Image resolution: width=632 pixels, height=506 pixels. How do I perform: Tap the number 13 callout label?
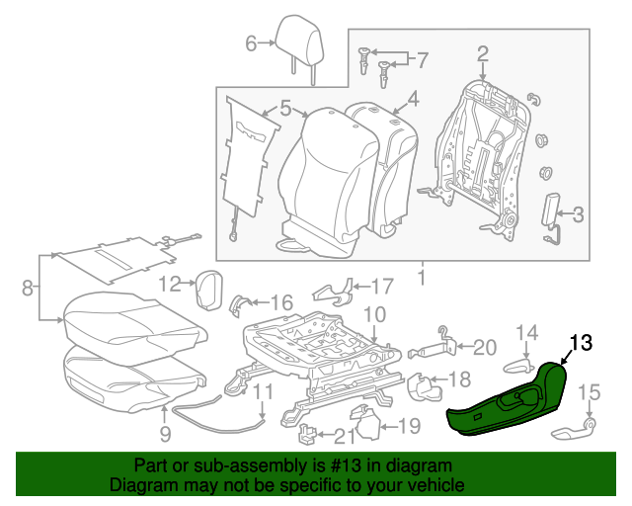pyautogui.click(x=582, y=344)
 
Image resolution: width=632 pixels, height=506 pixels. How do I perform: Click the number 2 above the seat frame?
pyautogui.click(x=483, y=53)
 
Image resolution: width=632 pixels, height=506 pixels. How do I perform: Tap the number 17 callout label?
pyautogui.click(x=382, y=288)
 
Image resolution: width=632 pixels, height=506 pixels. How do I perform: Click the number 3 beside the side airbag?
pyautogui.click(x=578, y=213)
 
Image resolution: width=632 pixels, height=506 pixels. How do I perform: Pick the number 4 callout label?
pyautogui.click(x=413, y=100)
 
